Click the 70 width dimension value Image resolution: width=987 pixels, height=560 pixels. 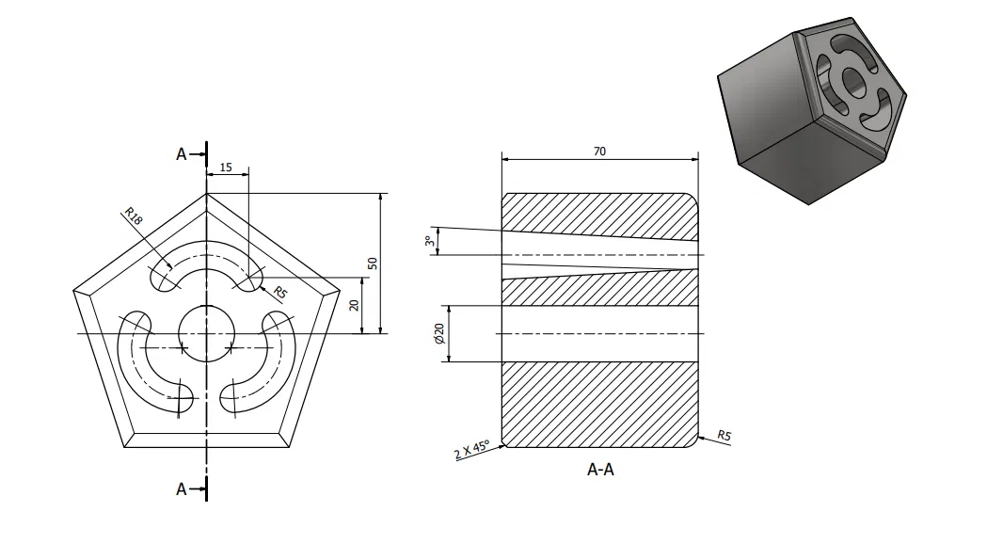pos(599,151)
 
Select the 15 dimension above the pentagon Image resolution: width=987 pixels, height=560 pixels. pos(226,167)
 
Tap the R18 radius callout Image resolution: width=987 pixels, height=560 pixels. pos(133,216)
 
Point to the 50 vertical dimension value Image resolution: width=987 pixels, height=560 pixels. pos(373,263)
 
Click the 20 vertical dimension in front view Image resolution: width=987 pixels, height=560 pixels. pos(354,305)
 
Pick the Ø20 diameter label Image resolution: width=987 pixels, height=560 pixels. pos(438,333)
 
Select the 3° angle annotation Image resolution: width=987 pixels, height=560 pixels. pos(429,242)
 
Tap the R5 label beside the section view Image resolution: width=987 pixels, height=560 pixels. pos(724,435)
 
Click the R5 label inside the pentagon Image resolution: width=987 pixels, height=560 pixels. pos(279,293)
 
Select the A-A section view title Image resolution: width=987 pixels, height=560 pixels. pos(600,469)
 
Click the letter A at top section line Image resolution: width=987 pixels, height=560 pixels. pos(182,153)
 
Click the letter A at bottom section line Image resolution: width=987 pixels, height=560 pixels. pos(182,488)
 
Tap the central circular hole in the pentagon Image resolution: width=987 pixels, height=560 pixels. pos(206,332)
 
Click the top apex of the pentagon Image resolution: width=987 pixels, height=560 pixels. pos(206,194)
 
